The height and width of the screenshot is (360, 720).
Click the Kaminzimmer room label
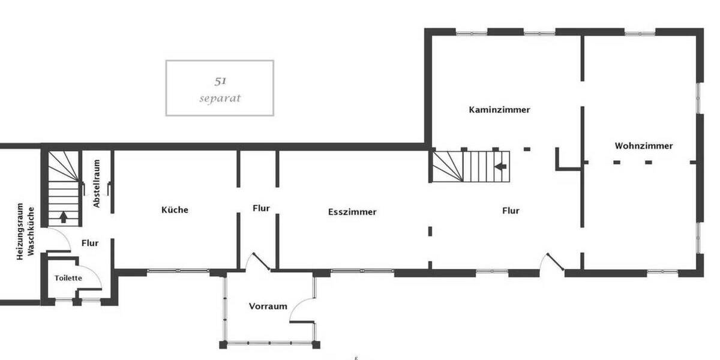(x=499, y=110)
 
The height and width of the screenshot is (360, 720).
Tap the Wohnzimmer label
(x=644, y=146)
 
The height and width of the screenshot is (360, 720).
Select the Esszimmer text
(x=352, y=212)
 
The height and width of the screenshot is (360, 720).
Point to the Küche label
(x=175, y=210)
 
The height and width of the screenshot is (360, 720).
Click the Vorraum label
(x=268, y=306)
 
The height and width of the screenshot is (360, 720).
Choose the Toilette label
(x=68, y=278)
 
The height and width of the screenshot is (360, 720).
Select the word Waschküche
(x=31, y=231)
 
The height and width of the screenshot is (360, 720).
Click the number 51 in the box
(x=220, y=80)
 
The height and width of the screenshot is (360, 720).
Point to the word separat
(x=220, y=98)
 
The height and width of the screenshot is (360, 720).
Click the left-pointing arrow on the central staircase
(x=501, y=166)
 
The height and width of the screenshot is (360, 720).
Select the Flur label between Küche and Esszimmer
(x=261, y=208)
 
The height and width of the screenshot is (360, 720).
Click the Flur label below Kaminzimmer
(x=511, y=211)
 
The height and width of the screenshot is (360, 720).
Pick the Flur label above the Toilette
(x=89, y=243)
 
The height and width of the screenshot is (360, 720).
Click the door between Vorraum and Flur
(x=259, y=261)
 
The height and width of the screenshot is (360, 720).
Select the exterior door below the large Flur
(x=551, y=262)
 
